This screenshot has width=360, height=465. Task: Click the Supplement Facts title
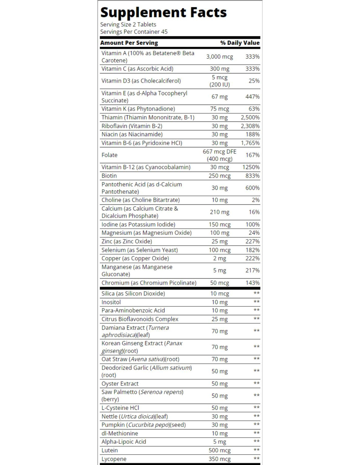tap(163, 12)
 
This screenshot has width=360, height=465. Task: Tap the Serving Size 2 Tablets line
tap(128, 25)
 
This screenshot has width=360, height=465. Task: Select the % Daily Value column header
tap(240, 43)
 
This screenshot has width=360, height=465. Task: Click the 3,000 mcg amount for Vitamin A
tap(219, 57)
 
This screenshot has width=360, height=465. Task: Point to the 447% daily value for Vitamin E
tap(252, 97)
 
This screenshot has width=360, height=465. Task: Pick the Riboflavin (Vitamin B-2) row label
tap(132, 126)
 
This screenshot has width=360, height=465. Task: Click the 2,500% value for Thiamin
tap(250, 117)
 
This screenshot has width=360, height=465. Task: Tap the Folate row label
tap(109, 155)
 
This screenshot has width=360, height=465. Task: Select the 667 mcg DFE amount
tap(219, 151)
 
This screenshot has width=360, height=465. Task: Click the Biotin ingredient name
tap(109, 176)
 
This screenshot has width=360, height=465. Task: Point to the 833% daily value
tap(252, 176)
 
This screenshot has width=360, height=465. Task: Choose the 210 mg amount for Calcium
tap(219, 212)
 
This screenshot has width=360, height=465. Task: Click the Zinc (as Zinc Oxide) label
tap(127, 241)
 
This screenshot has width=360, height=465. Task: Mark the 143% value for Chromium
tap(252, 283)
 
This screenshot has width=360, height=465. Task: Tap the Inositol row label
tap(111, 302)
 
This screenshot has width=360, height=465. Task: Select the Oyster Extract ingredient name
tap(120, 384)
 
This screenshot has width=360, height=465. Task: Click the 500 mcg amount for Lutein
tap(219, 450)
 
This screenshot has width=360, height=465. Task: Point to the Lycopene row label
tap(114, 459)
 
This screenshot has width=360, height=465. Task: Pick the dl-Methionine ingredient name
tap(120, 433)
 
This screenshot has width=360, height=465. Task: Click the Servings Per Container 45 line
tap(134, 32)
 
